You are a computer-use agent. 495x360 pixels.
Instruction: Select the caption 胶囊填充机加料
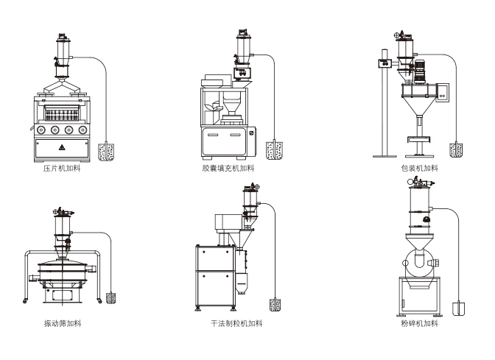coord(229,169)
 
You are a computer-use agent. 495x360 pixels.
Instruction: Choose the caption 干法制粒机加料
coord(236,323)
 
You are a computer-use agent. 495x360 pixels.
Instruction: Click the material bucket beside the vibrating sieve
coord(111,299)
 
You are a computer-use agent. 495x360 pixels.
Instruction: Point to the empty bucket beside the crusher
coord(457,306)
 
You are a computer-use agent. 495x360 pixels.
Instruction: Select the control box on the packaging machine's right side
coord(443,91)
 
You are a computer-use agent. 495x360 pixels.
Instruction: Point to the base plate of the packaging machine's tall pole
coord(385,155)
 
